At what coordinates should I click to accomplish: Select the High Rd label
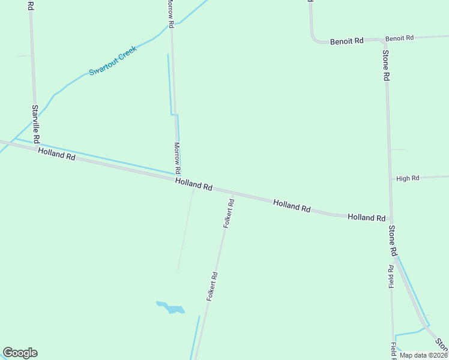408,178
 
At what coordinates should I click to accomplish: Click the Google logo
20,353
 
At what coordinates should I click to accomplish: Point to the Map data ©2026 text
423,355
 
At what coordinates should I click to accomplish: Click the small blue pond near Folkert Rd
172,308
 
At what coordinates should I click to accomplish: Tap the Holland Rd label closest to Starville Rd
56,154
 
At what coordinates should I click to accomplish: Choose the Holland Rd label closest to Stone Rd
366,217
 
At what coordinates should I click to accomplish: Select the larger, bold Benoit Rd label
347,41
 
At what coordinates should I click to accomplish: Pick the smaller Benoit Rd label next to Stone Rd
400,38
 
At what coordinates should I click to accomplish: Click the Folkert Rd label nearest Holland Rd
229,213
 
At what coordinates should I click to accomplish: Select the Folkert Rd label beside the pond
212,286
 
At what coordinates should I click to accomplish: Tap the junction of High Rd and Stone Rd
390,178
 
